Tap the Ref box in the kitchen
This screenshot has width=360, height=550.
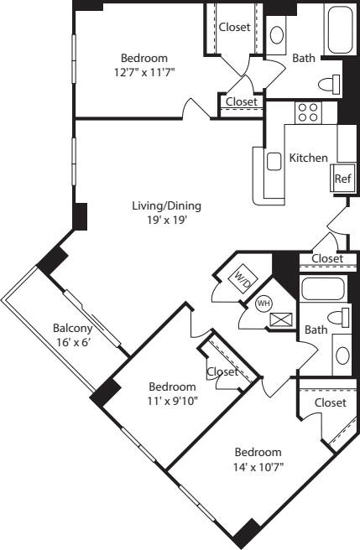[342, 179]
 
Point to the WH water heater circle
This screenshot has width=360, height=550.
[262, 303]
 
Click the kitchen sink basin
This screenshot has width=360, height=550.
[274, 161]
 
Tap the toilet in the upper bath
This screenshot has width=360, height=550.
[331, 84]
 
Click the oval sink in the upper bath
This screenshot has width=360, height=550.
[278, 35]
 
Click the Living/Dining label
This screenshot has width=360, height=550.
[167, 206]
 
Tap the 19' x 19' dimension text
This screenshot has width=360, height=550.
[166, 221]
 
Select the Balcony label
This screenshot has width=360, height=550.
[72, 328]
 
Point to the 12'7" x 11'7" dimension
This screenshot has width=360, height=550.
[144, 72]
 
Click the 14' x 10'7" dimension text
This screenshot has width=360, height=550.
[258, 466]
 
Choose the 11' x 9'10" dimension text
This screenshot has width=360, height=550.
[172, 401]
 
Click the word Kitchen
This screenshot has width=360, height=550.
[308, 158]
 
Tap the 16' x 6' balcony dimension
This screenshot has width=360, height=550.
[72, 342]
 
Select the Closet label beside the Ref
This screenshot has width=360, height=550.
[326, 258]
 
